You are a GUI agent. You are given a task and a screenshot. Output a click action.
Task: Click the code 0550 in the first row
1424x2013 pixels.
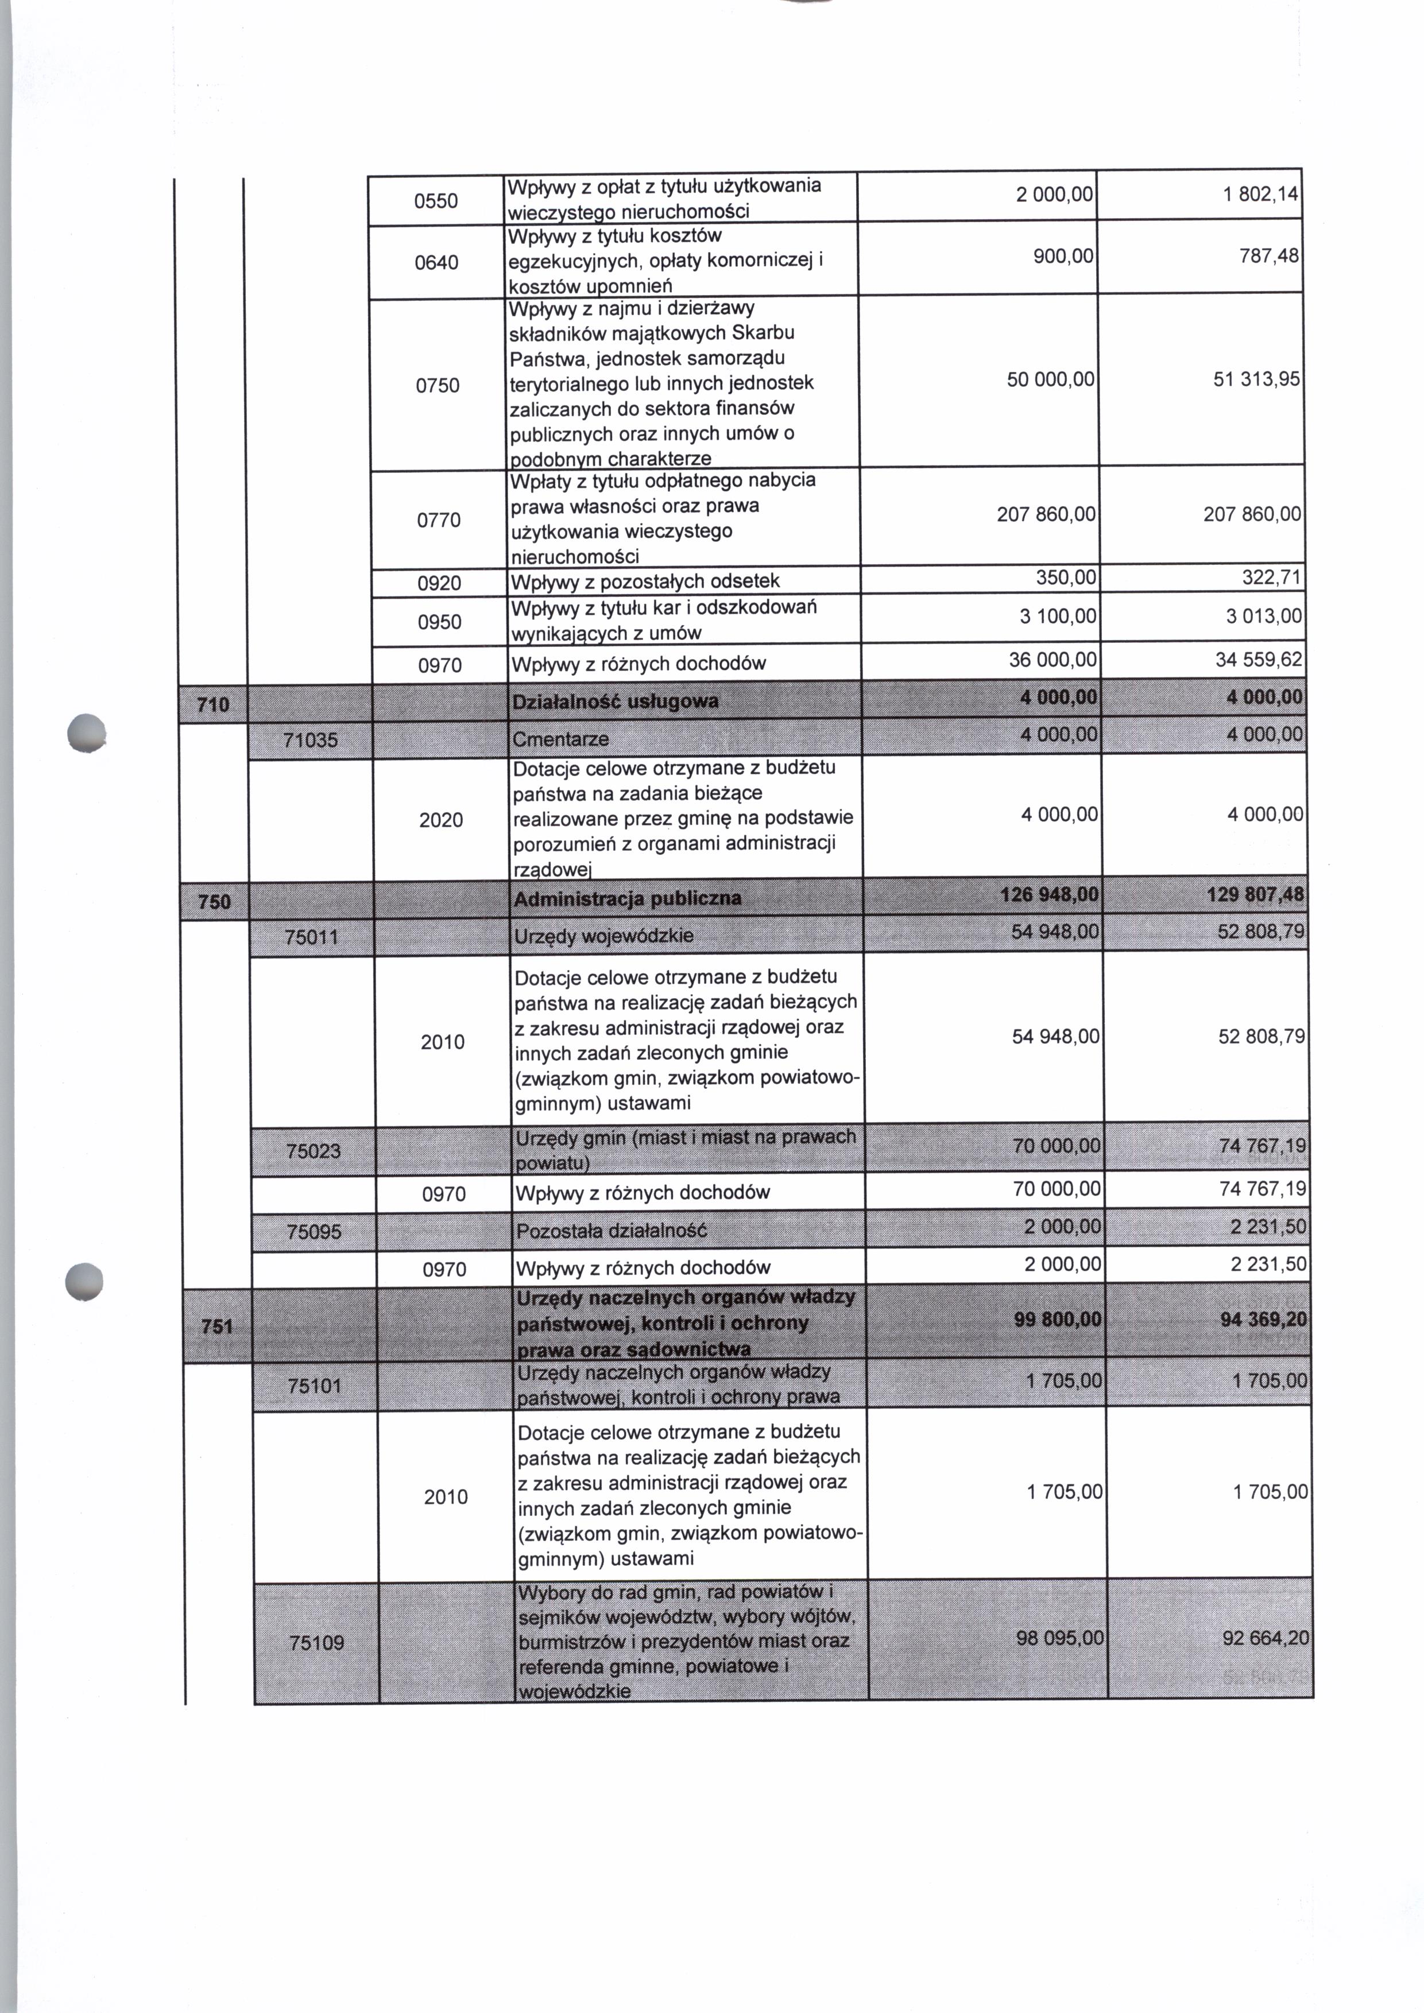tap(436, 201)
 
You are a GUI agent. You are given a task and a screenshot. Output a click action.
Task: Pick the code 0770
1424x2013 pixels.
tap(439, 521)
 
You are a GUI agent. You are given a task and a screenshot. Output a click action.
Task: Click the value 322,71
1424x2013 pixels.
tap(1270, 578)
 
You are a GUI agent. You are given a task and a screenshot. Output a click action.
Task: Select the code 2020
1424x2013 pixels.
tap(441, 820)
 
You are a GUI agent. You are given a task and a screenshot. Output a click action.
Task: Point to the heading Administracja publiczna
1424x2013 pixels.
tap(627, 899)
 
